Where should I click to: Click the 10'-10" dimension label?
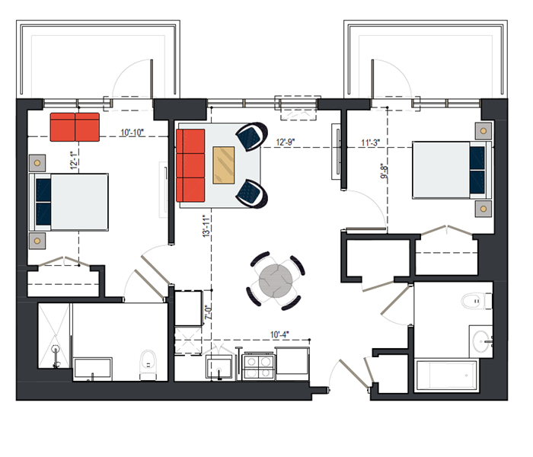click(x=132, y=133)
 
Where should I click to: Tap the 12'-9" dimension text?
click(x=286, y=142)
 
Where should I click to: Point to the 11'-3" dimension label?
click(x=370, y=143)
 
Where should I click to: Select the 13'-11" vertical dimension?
click(x=206, y=225)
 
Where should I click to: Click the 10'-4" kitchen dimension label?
click(x=279, y=335)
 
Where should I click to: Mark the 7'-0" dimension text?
click(x=209, y=312)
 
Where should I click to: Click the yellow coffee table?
click(x=224, y=165)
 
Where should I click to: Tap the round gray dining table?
click(x=276, y=281)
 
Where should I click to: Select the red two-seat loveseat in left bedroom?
click(x=75, y=127)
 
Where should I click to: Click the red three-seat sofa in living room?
click(x=190, y=165)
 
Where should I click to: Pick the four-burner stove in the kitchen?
click(x=259, y=366)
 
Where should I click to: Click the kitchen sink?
click(x=219, y=368)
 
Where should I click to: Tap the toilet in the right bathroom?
click(x=476, y=302)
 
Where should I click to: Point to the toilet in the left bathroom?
click(x=148, y=366)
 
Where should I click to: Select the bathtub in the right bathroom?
click(x=447, y=375)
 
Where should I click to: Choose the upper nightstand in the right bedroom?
click(x=484, y=131)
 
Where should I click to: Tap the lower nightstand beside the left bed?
click(x=37, y=241)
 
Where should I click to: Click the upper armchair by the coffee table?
click(x=252, y=136)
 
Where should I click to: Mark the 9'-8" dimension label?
click(x=384, y=171)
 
